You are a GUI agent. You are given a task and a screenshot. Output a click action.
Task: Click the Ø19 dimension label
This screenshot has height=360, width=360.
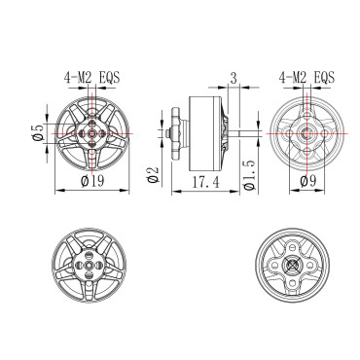point(92,181)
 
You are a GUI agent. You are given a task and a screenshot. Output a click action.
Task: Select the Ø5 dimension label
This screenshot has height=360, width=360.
point(38,132)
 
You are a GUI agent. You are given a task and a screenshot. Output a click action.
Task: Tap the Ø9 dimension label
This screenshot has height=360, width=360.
point(308,181)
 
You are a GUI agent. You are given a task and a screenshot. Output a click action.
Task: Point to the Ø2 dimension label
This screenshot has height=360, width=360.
point(153,174)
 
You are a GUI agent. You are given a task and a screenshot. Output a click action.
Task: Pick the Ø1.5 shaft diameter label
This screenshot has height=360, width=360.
point(249,175)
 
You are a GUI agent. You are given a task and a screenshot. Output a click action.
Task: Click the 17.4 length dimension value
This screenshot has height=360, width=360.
point(205,182)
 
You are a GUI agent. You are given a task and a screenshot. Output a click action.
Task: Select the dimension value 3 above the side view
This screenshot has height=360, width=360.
point(234,78)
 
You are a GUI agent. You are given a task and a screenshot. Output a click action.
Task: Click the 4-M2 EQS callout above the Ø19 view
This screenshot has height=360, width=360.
point(92,78)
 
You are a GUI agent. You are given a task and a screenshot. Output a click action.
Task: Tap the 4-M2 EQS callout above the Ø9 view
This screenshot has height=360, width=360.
point(306,78)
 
